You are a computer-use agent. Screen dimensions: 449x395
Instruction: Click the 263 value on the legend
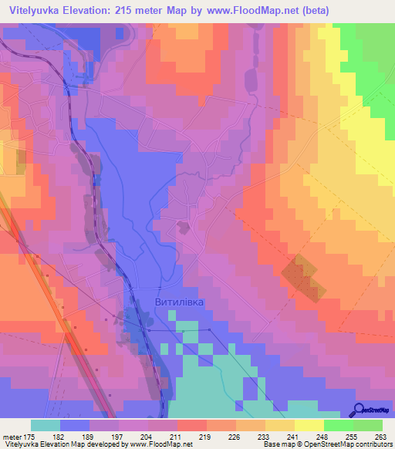379,437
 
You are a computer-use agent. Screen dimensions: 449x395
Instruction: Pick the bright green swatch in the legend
338,425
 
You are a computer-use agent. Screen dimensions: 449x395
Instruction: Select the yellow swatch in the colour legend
309,425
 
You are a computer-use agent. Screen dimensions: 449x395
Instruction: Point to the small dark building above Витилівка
183,226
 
